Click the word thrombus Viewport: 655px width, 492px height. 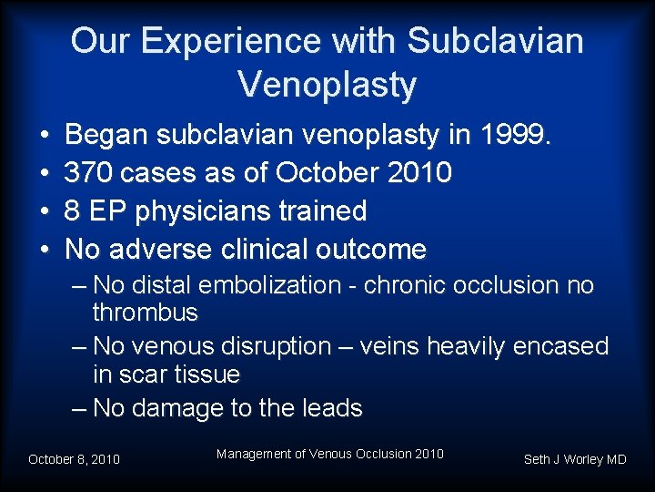click(145, 313)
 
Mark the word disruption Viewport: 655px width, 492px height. click(279, 346)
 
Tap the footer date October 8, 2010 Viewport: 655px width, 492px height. click(74, 459)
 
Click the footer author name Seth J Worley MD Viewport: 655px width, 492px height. click(575, 459)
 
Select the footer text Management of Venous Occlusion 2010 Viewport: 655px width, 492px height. click(330, 454)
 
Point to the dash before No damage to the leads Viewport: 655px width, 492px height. click(80, 408)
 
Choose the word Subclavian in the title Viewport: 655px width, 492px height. click(496, 41)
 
